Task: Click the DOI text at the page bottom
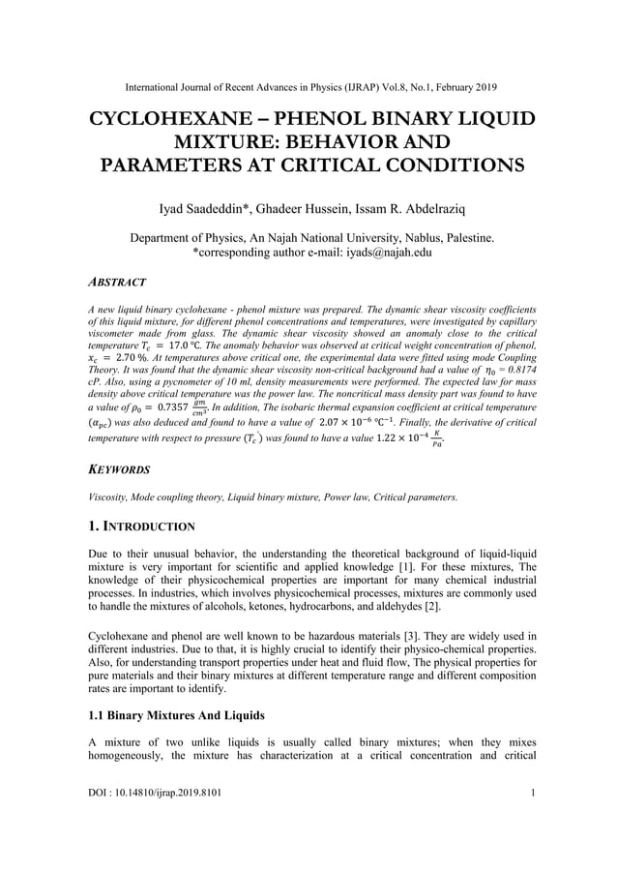tap(154, 821)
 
